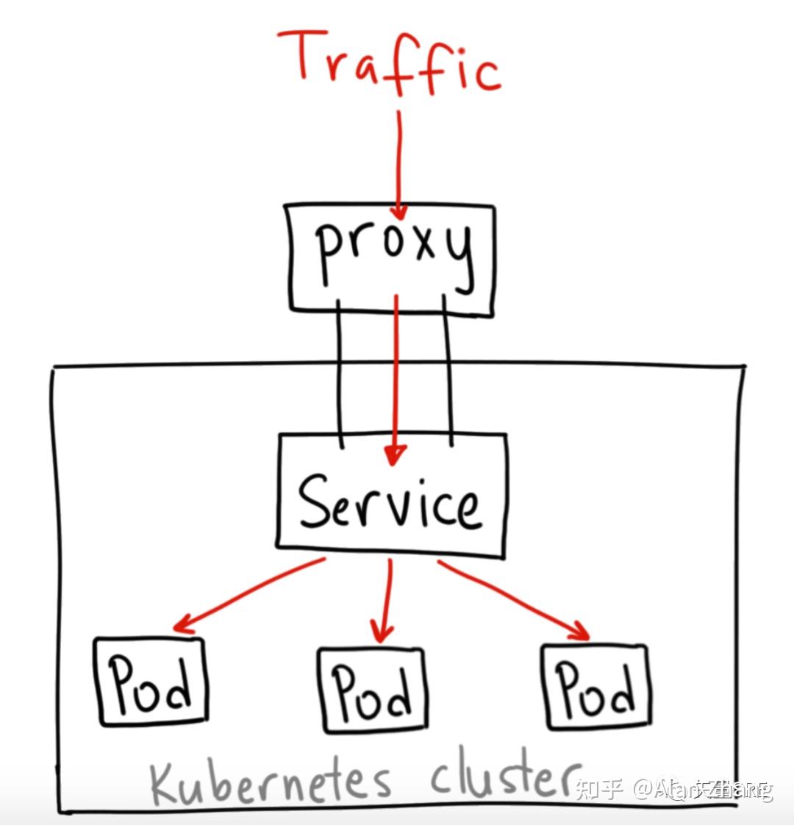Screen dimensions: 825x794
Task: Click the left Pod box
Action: (151, 682)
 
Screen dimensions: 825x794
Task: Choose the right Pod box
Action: (595, 687)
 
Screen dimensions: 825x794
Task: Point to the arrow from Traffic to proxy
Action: (399, 162)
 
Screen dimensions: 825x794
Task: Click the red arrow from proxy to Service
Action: (396, 375)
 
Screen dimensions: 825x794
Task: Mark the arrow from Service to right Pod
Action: (515, 599)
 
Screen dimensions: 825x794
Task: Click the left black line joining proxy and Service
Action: (339, 371)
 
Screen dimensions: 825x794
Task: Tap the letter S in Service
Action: (315, 501)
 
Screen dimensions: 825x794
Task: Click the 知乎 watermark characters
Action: (599, 790)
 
